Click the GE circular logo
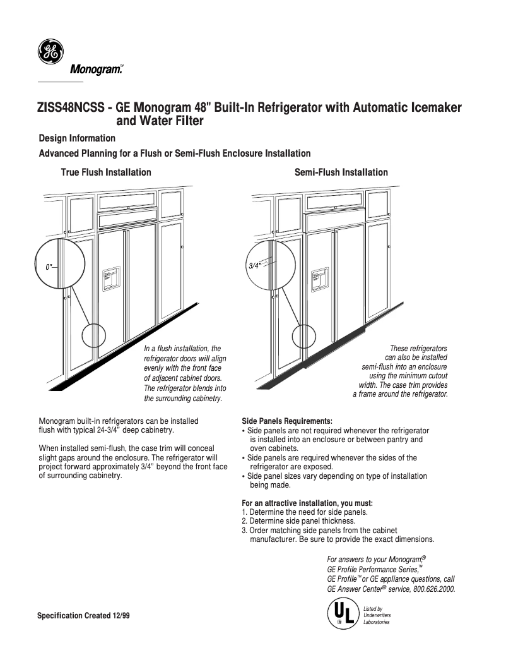click(50, 52)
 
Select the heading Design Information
click(77, 138)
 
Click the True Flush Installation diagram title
click(106, 172)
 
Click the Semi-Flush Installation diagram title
click(341, 172)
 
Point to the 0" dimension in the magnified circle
click(49, 267)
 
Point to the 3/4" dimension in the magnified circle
click(254, 266)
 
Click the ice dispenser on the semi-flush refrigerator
click(320, 278)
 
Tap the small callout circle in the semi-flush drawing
click(303, 335)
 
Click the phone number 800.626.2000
click(433, 589)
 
